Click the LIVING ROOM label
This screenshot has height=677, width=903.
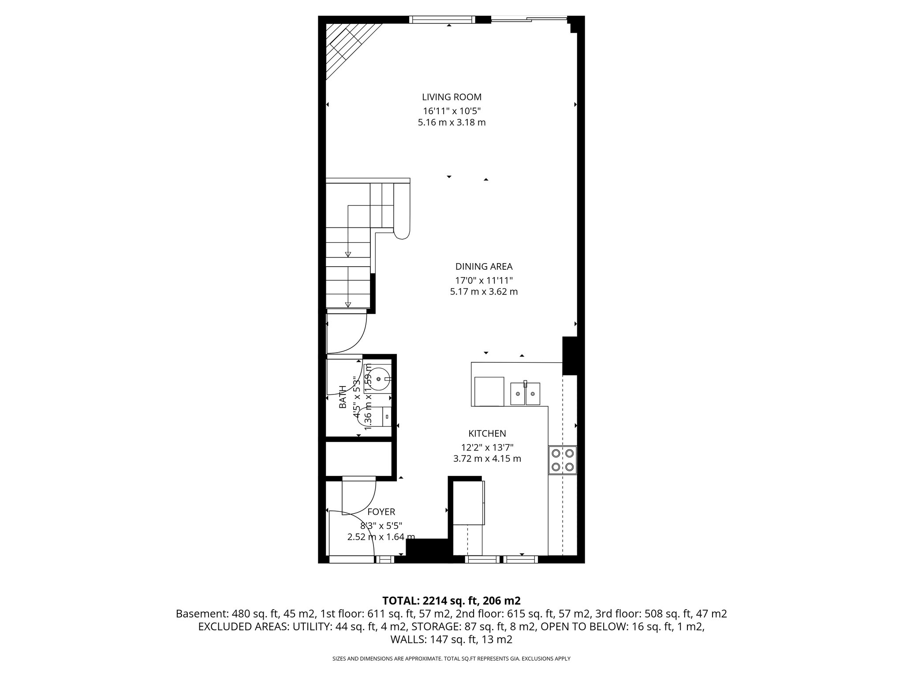[x=451, y=97]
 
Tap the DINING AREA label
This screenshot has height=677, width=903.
[x=484, y=267]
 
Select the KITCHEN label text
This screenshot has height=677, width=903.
[x=487, y=434]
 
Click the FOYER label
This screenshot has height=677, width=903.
[x=381, y=512]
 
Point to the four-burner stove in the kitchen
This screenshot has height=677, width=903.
[x=563, y=460]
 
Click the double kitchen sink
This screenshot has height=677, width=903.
[x=525, y=394]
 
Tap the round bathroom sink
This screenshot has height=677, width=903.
[x=379, y=379]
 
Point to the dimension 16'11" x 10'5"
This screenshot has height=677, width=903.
[x=451, y=111]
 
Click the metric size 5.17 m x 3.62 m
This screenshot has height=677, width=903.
[x=484, y=292]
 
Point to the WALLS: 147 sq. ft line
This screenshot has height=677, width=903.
[x=451, y=640]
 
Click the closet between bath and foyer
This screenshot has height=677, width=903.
[x=358, y=458]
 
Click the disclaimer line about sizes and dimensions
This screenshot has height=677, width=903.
[x=451, y=659]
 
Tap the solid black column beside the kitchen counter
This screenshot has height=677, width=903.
[x=570, y=356]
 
